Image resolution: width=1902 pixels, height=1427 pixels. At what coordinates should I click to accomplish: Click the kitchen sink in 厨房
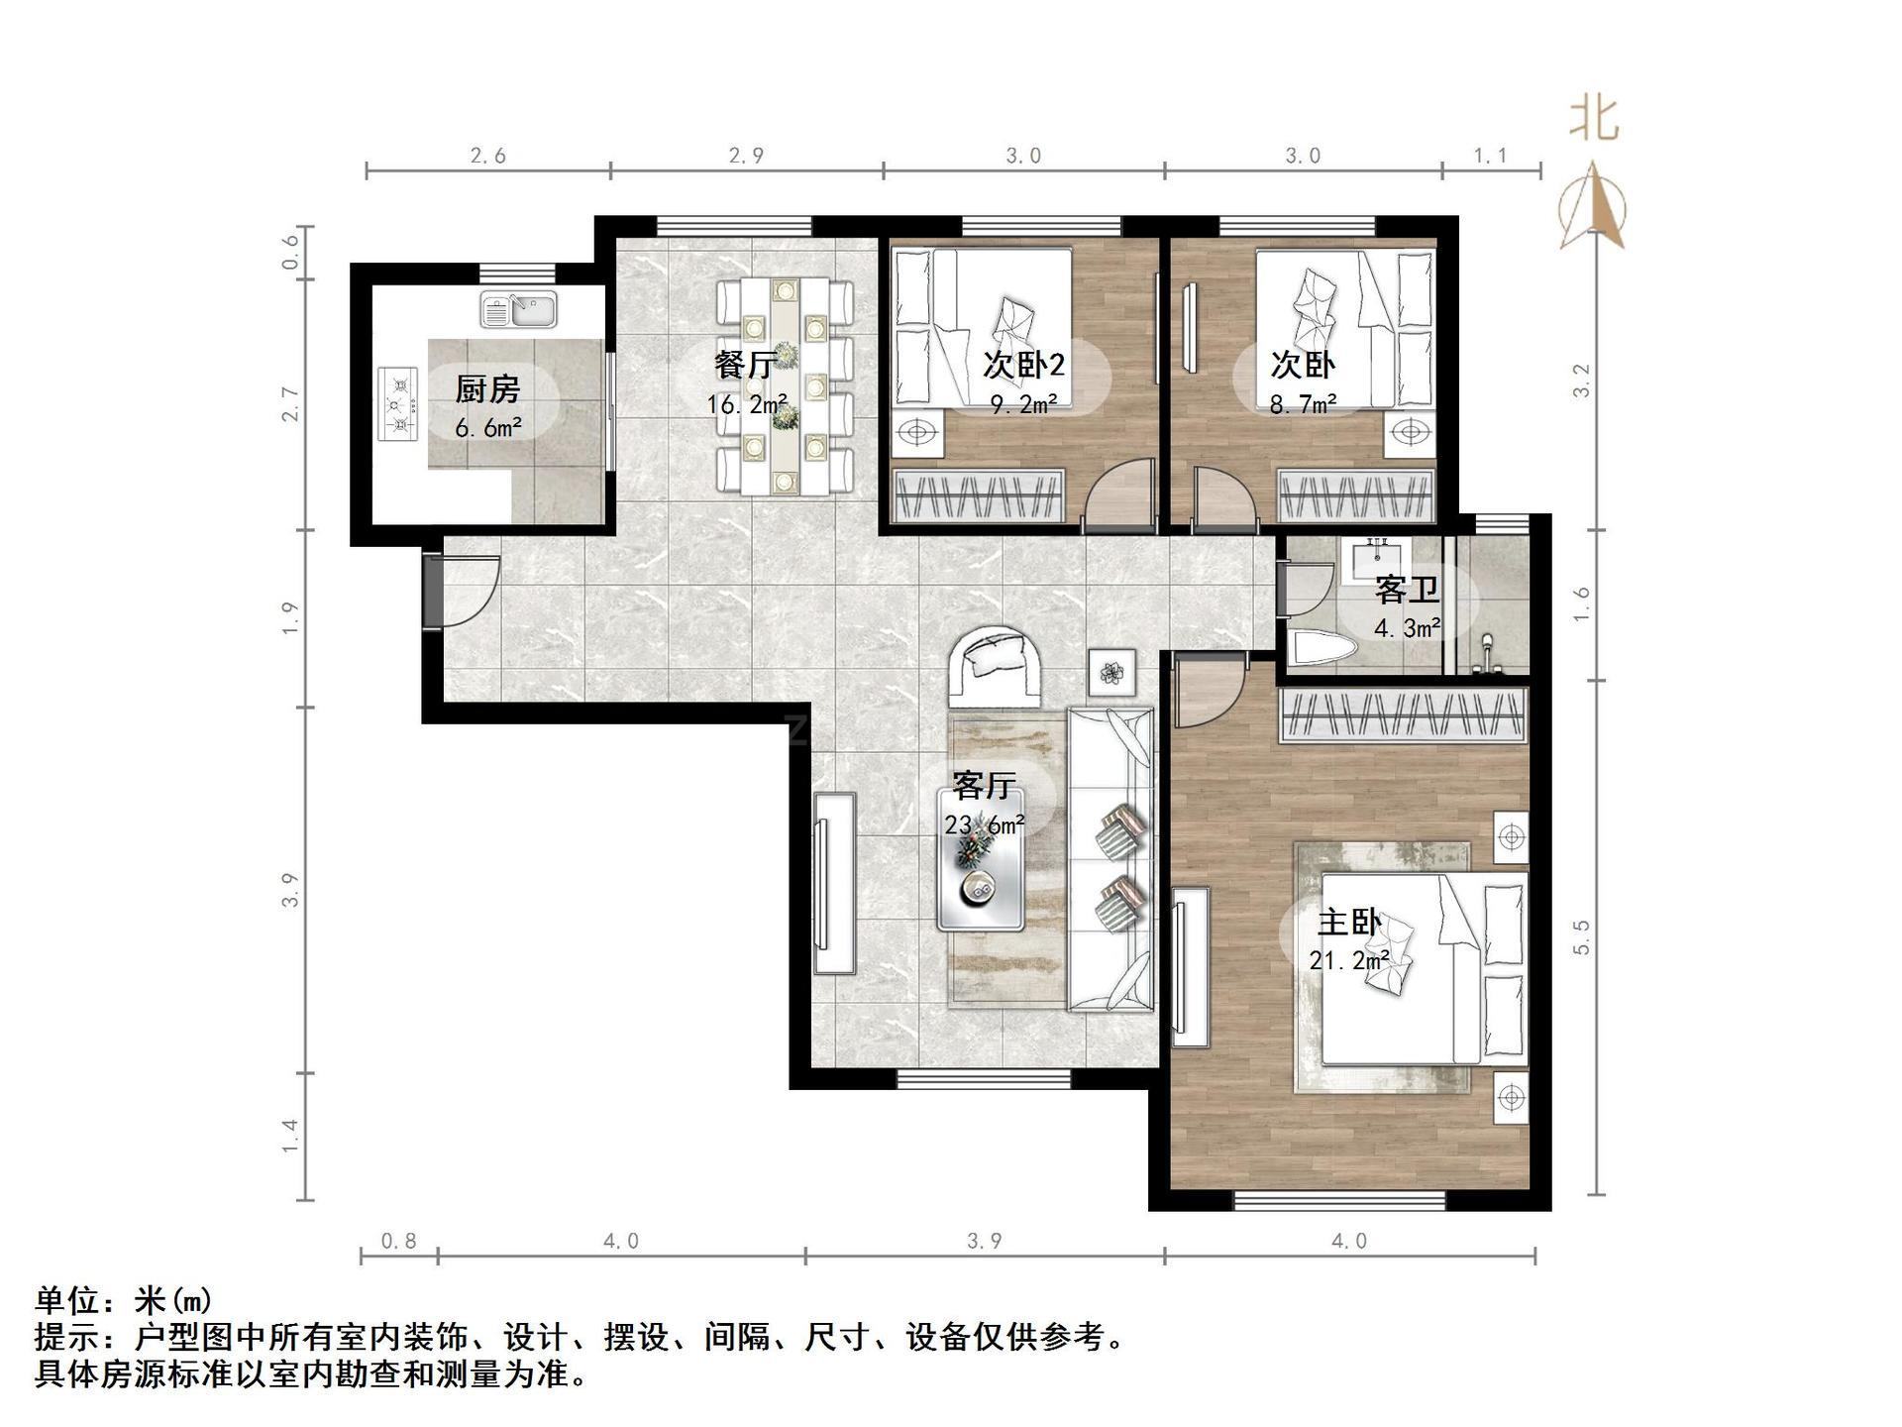tap(519, 310)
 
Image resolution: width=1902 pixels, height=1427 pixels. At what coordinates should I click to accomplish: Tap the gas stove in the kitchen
tap(398, 404)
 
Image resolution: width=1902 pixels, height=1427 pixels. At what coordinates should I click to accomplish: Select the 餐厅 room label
tap(744, 365)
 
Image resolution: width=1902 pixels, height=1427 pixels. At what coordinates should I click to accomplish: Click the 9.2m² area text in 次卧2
tap(1023, 403)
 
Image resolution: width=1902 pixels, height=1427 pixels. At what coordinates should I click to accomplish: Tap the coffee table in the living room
tap(982, 872)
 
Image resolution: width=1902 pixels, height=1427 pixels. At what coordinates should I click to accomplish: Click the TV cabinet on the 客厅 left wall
tap(835, 884)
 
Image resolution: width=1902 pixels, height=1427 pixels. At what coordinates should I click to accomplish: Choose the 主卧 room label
tap(1348, 924)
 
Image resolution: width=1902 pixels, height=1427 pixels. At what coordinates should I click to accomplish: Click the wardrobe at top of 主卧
tap(1403, 715)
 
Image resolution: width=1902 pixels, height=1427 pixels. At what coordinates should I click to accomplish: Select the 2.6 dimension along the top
tap(487, 156)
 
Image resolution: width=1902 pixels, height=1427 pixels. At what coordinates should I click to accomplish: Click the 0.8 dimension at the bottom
tap(398, 1241)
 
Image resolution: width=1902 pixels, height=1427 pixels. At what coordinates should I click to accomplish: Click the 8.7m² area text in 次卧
tap(1304, 403)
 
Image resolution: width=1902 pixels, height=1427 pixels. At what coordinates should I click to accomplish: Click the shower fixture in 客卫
tap(1487, 654)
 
